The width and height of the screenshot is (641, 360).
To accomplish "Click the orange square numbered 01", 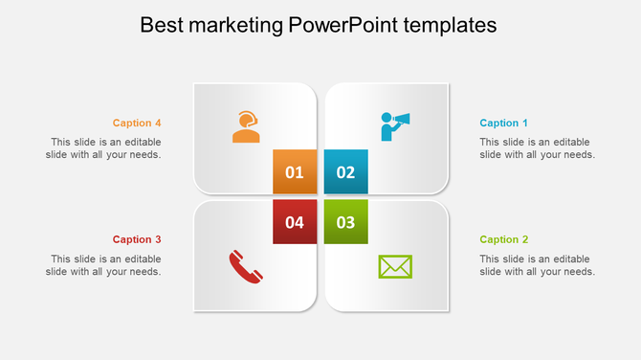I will coord(295,172).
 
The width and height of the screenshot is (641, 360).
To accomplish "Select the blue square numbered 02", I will coord(345,172).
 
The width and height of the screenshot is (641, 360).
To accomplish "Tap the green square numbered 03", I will coord(345,222).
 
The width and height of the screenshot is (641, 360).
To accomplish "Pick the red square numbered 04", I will coord(295,222).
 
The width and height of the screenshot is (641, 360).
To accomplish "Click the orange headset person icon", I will coord(246,126).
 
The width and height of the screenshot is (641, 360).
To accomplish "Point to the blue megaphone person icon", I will coord(394,125).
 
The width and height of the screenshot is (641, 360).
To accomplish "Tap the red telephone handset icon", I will coord(246,266).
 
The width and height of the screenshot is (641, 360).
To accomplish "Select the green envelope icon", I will coord(395,266).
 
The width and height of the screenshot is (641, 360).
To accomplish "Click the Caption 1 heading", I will coord(503,123).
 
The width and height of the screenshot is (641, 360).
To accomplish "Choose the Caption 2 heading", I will coord(503,239).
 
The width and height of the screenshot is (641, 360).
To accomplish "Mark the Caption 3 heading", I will coord(137,239).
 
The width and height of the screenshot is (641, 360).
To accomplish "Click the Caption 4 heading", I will coord(137,123).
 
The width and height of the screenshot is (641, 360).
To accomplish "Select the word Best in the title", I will coord(160,25).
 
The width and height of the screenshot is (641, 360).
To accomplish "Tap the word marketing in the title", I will coord(233,25).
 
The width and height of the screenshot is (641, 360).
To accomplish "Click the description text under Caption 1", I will coord(537,148).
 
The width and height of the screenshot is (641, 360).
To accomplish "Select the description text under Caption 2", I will coord(537,265).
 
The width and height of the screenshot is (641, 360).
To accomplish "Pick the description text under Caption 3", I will coord(103,265).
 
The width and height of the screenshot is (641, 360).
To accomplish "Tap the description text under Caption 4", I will coord(103,148).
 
